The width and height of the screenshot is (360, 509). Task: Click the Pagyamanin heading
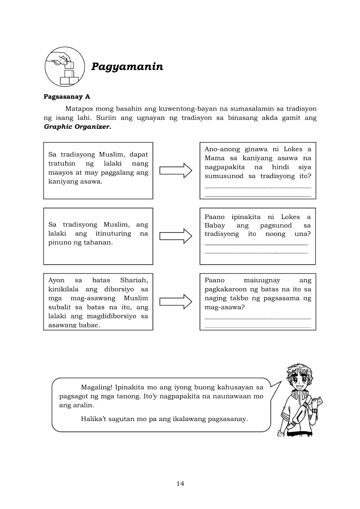[127, 67]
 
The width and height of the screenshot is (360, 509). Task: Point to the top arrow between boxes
[176, 170]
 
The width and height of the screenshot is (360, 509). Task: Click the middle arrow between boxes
[176, 236]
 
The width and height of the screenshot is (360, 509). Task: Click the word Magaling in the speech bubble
[96, 387]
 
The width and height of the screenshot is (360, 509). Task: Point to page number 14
[180, 484]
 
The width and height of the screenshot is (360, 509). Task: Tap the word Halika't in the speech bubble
[94, 419]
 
